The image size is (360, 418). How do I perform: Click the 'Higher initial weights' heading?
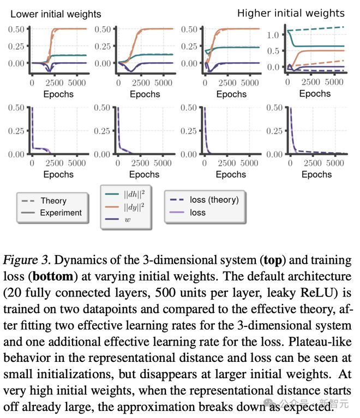(291, 13)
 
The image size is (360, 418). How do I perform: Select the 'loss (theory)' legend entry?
(214, 199)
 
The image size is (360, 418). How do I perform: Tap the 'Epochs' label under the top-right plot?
(315, 93)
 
